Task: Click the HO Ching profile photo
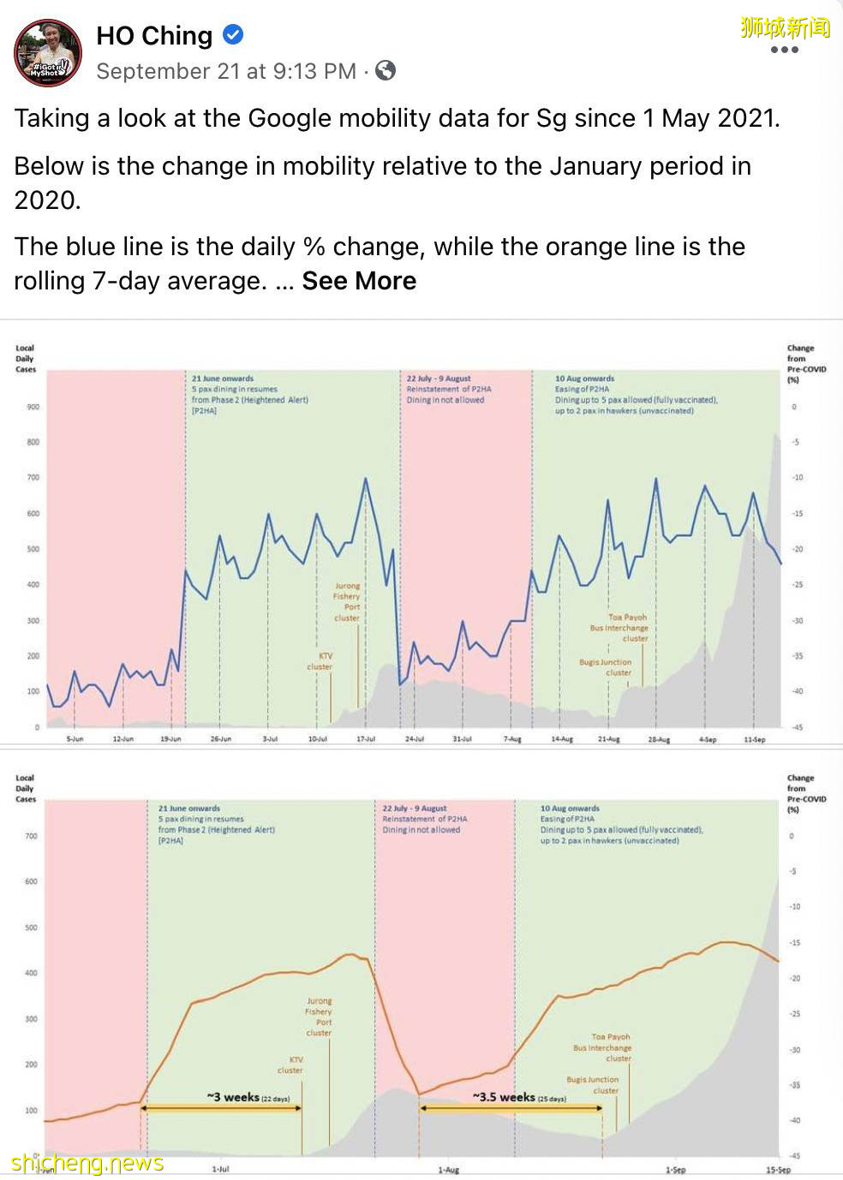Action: pyautogui.click(x=47, y=53)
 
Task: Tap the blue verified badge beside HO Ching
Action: pyautogui.click(x=233, y=35)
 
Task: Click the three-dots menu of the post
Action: pyautogui.click(x=784, y=50)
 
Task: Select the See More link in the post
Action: pyautogui.click(x=359, y=281)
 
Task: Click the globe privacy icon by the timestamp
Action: pyautogui.click(x=386, y=71)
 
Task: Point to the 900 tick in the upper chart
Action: pyautogui.click(x=33, y=407)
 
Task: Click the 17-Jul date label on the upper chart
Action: pyautogui.click(x=367, y=739)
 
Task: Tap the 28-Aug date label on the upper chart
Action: pyautogui.click(x=659, y=739)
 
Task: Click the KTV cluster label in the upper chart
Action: pyautogui.click(x=320, y=661)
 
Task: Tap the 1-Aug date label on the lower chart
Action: pyautogui.click(x=449, y=1170)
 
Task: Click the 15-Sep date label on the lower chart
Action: pyautogui.click(x=778, y=1170)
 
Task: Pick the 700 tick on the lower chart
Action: pyautogui.click(x=32, y=836)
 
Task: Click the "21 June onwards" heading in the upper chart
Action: pyautogui.click(x=223, y=378)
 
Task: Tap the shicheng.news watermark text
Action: pyautogui.click(x=87, y=1163)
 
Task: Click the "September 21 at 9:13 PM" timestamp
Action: pyautogui.click(x=226, y=71)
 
